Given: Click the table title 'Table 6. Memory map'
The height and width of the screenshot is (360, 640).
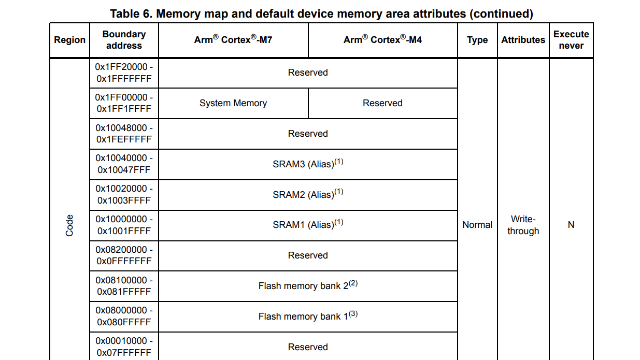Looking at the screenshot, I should pos(321,13).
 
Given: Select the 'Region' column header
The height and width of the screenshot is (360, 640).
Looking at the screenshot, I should pos(69,40).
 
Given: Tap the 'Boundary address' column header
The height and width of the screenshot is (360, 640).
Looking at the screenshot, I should pos(124,40).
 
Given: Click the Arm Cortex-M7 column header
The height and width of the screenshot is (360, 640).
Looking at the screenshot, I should pos(233,40).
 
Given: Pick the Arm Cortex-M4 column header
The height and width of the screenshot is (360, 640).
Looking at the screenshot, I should pos(382,40).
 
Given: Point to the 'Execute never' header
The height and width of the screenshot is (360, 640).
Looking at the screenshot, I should pos(571,40).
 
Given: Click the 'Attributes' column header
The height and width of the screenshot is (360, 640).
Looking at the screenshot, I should pos(523,40).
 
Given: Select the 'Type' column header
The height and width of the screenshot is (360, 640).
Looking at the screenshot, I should pos(477,40).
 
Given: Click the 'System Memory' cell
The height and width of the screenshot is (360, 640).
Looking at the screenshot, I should pos(233,103).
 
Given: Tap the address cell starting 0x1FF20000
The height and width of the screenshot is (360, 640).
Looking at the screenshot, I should pos(124,73).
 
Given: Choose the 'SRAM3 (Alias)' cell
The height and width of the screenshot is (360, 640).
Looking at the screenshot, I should pos(308,164).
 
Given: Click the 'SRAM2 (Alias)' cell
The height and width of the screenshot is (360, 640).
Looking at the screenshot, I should pos(308,195).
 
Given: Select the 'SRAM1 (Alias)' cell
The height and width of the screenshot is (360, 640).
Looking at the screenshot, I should pos(308,225).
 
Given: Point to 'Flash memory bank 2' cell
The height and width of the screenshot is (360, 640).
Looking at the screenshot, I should pos(308,286).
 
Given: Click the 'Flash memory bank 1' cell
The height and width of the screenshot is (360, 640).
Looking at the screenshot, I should pos(308,316).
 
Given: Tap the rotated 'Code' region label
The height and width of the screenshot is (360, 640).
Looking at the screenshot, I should pos(69,225).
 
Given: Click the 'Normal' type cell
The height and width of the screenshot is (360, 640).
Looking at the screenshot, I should pos(477,225).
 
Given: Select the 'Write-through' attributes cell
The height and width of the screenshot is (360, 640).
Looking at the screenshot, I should pos(523,225).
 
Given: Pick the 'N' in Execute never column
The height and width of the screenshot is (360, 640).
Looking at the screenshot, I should pos(571,225).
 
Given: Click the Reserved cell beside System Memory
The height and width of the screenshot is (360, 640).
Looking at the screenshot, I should pos(382,103).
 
